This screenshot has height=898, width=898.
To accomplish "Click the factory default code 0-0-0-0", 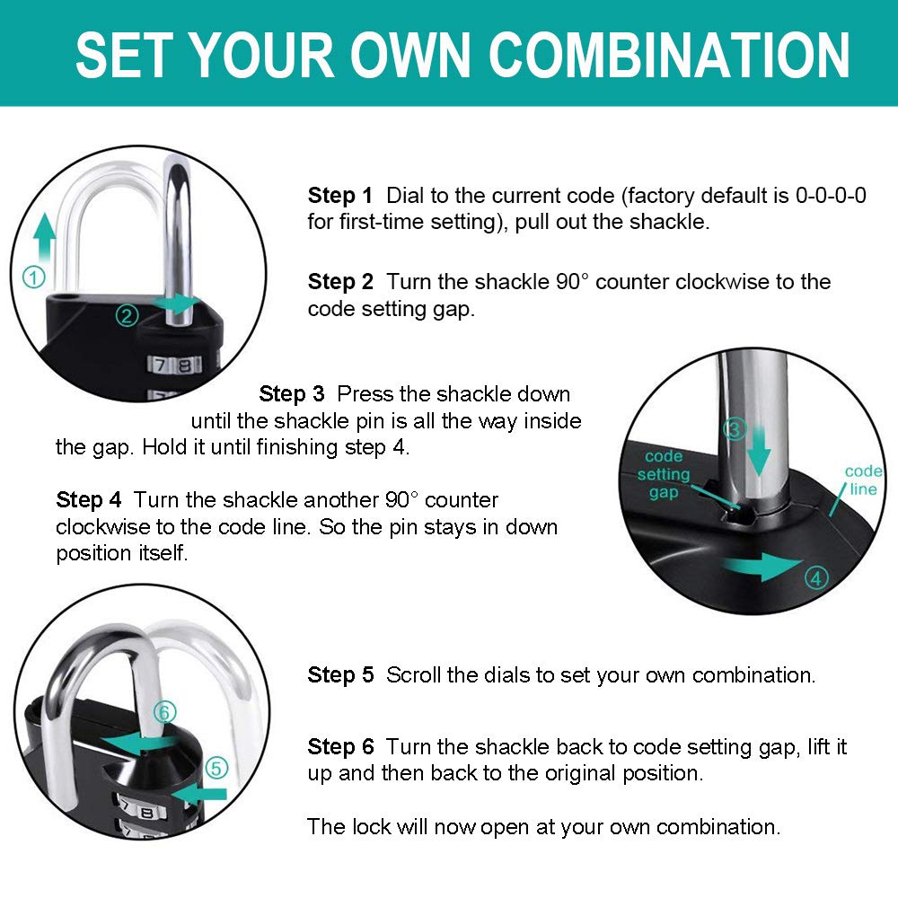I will pos(831,196).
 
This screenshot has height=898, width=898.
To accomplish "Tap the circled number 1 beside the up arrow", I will pos(33,278).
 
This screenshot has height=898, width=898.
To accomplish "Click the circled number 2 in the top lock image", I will pos(127,315).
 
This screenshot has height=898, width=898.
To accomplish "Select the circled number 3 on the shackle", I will pos(735,429).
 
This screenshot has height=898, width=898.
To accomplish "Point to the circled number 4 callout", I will pos(815,579).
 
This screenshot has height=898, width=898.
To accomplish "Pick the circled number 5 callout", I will pos(216,768).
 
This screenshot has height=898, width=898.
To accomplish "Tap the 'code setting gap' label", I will pos(664,474).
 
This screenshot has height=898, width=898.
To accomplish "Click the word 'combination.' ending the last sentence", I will pos(715,826).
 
